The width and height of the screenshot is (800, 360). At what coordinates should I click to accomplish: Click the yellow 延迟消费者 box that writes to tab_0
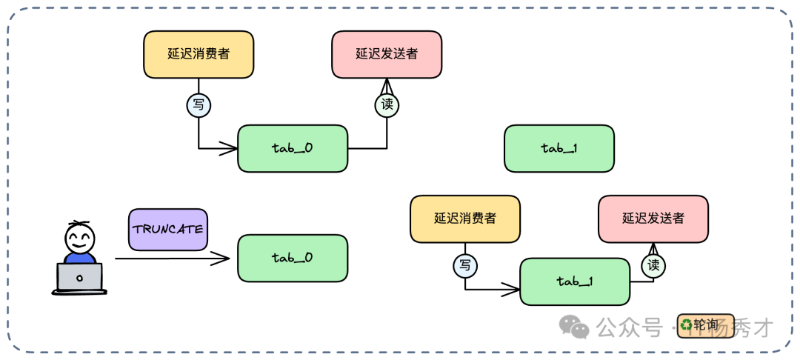[x=198, y=54]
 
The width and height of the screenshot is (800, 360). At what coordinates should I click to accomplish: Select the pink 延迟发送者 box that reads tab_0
[x=387, y=54]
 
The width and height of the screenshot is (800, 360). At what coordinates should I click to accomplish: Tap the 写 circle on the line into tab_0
[x=198, y=104]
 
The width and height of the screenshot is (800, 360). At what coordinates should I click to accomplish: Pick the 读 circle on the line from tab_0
[x=387, y=104]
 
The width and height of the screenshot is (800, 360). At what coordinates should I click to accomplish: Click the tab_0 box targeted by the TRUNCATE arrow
[x=293, y=258]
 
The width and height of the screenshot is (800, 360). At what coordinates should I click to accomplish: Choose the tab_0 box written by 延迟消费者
[x=293, y=148]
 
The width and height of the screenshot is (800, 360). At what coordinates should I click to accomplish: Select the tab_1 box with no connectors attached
[x=559, y=148]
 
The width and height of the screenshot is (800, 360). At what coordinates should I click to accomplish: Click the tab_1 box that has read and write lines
[x=575, y=281]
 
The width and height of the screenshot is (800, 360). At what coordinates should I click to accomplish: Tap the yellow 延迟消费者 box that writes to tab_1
[x=465, y=219]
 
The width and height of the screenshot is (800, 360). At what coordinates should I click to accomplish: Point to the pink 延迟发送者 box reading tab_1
[x=653, y=219]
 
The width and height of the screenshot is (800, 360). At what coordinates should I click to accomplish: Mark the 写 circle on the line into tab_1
[x=465, y=264]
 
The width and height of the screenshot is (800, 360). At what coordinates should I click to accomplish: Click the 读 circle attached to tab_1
[x=653, y=264]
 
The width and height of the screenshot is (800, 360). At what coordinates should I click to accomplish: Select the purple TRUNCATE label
[x=167, y=229]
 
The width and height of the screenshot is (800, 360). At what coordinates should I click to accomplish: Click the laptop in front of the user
[x=79, y=278]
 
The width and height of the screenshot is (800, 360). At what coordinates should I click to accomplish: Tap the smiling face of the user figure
[x=79, y=238]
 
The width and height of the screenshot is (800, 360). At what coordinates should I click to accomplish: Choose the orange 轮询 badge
[x=698, y=324]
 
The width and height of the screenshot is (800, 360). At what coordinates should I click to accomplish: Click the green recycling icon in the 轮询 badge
[x=686, y=324]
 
